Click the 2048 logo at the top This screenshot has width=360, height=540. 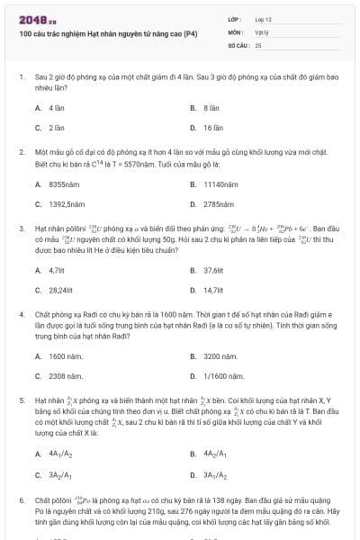[x=37, y=17]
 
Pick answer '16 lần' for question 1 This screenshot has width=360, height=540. [x=212, y=128]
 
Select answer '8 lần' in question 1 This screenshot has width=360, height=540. [x=211, y=108]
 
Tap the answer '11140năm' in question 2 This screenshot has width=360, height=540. [x=220, y=184]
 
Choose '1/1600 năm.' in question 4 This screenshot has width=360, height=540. [x=223, y=375]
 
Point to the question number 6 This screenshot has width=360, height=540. [x=21, y=497]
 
